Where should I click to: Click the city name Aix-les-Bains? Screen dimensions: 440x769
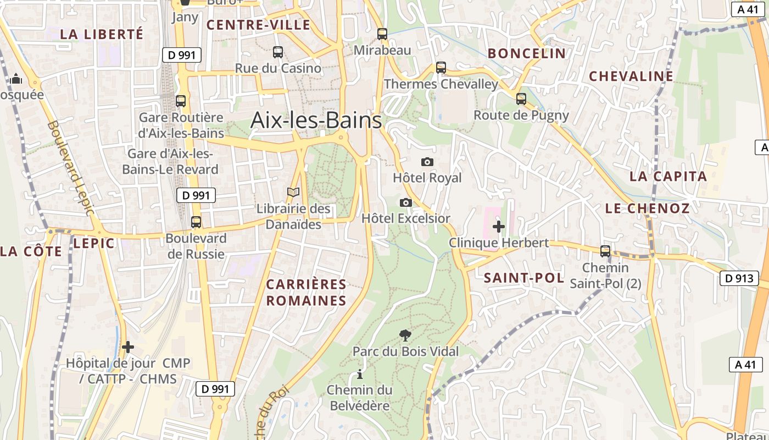point(316,120)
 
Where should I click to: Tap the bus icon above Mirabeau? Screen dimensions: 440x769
point(382,34)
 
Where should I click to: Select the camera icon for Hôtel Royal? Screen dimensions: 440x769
point(427,162)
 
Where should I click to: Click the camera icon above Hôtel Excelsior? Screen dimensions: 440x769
point(406,202)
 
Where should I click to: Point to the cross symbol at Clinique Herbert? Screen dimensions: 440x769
point(499,226)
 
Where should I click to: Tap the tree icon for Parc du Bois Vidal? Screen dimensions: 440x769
point(405,335)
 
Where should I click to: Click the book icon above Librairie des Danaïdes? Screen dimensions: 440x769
point(294,193)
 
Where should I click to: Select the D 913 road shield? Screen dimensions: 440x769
point(739,278)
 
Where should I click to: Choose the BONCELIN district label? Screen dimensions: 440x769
point(527,53)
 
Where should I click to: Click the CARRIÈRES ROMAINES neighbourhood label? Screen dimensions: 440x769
point(307,293)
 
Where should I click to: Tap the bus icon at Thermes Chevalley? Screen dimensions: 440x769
point(441,68)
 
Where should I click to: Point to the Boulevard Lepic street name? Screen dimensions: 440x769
point(71,168)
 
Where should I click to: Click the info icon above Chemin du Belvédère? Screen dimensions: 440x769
point(360,374)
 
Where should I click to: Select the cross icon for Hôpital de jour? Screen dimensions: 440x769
point(128,347)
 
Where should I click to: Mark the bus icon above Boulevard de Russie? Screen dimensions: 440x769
point(196,222)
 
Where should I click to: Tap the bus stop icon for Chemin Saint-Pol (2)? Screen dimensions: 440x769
point(605,251)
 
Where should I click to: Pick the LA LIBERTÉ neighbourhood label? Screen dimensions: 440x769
point(102,34)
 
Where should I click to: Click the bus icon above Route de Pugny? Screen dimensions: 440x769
point(521,99)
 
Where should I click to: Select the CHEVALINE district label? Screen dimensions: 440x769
point(631,76)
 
